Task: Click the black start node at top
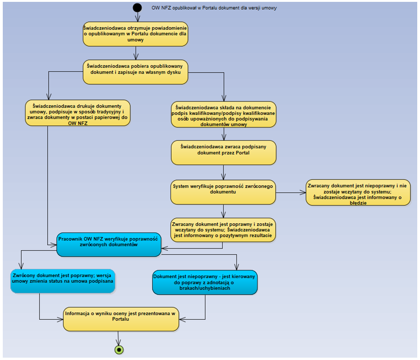tap(137, 7)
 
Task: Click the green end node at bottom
tap(119, 349)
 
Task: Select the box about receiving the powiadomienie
tap(136, 34)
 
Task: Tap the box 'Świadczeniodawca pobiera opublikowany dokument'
tap(136, 71)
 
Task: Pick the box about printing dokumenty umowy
tap(77, 113)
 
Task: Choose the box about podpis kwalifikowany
tap(224, 114)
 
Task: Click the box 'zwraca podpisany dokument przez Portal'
tap(224, 152)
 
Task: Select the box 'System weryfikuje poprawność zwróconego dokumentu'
tap(224, 191)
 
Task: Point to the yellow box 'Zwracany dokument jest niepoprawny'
tap(357, 192)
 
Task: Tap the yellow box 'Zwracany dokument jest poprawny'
tap(224, 229)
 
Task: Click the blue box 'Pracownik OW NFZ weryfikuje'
tap(109, 244)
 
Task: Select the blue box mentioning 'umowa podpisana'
tap(63, 281)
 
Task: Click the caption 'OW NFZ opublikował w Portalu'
tap(214, 8)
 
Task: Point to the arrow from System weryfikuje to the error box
tap(291, 192)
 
